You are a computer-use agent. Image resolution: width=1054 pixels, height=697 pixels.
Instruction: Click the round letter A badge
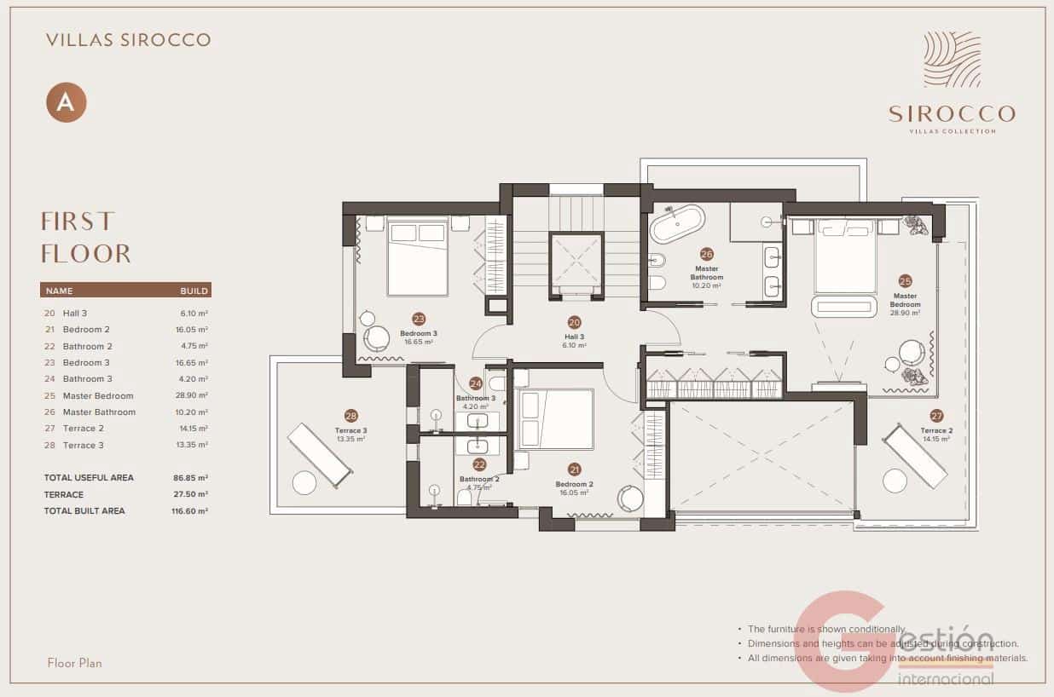coord(66,102)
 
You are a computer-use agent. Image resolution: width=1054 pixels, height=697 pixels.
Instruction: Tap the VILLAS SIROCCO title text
coord(128,39)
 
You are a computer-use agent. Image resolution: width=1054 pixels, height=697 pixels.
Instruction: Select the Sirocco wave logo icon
coord(952,60)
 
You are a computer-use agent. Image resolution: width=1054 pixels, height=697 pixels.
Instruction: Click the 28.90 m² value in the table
coord(191,395)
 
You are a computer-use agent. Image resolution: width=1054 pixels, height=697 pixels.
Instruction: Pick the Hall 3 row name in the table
coord(74,314)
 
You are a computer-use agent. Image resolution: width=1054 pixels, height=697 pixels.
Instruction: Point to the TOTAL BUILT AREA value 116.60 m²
coord(189,511)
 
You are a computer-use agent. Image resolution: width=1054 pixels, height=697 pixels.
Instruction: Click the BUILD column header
coord(194,291)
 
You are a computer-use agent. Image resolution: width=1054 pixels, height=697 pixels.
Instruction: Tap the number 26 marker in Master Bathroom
coord(706,254)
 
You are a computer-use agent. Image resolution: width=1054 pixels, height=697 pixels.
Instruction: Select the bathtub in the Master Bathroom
coord(677,224)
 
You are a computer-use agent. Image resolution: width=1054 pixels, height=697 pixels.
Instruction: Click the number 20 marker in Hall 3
coord(574,323)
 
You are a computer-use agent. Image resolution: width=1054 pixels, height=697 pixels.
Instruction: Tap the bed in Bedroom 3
coord(418,256)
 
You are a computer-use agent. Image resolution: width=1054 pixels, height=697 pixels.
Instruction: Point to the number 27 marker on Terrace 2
coord(936,417)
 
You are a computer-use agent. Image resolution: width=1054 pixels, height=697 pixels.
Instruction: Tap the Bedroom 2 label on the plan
coord(574,484)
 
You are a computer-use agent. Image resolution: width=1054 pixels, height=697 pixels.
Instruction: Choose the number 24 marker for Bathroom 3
coord(475,383)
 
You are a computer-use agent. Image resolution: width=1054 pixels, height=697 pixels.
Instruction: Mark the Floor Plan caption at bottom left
coord(75,663)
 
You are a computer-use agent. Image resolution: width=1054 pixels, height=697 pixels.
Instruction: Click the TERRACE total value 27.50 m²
coord(190,494)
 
